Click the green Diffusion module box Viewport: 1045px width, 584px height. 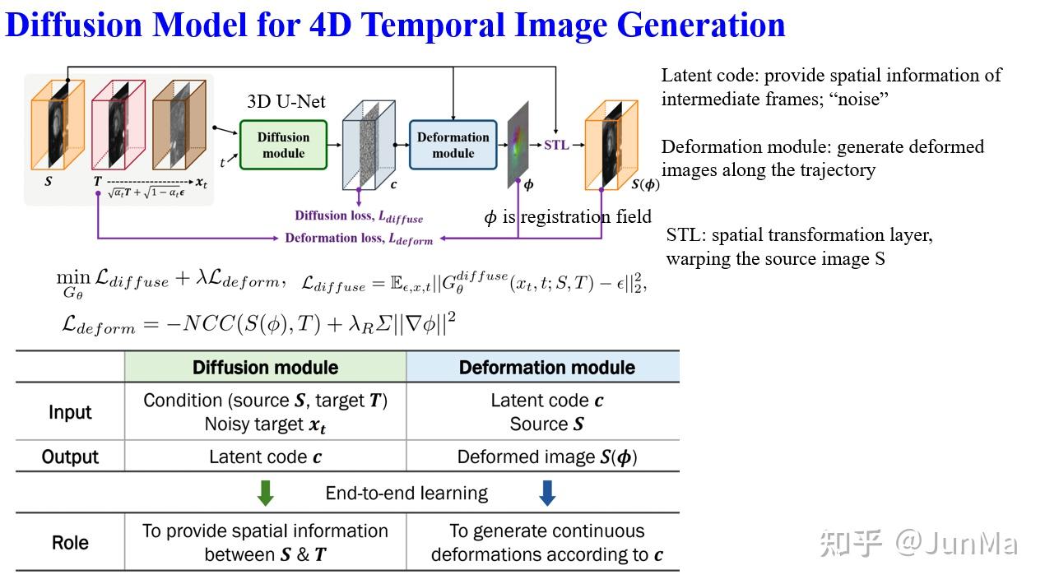(x=283, y=145)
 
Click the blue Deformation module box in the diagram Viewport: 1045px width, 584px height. (x=453, y=145)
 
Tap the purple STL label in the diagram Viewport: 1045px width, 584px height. (x=556, y=145)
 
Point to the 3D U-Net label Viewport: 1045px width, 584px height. (x=286, y=102)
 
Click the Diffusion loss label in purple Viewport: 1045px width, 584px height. (x=359, y=216)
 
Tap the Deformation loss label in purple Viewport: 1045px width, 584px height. (x=359, y=239)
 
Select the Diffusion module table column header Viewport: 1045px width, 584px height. (x=265, y=367)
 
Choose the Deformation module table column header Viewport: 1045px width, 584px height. (x=546, y=367)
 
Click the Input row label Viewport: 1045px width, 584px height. (x=70, y=412)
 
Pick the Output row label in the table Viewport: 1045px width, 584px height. (x=70, y=457)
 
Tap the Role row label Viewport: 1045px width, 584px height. (x=70, y=543)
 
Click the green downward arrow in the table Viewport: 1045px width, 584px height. (x=265, y=493)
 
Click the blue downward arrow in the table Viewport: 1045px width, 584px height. (x=546, y=493)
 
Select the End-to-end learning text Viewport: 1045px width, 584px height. (x=406, y=494)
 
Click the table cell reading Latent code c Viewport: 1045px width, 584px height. (x=265, y=457)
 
